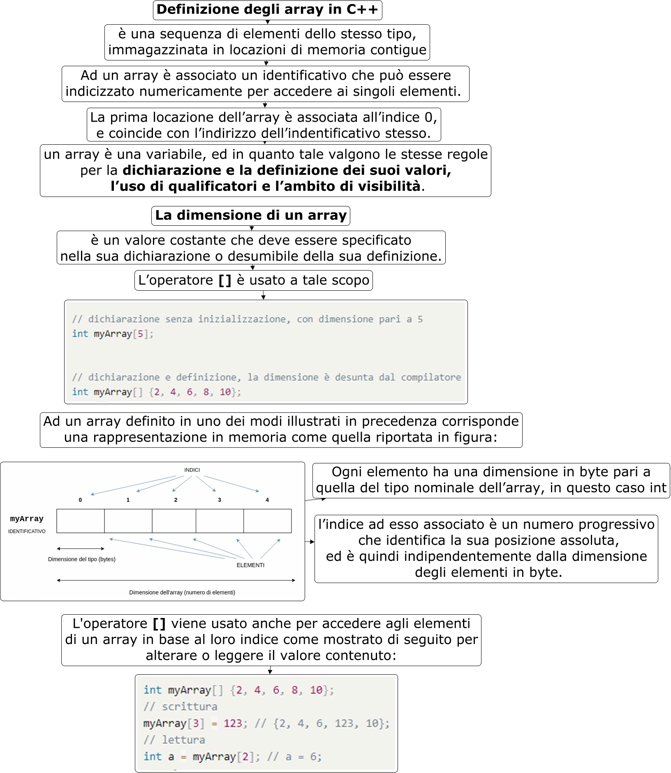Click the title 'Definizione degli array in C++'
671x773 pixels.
coord(267,10)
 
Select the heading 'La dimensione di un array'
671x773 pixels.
coord(251,215)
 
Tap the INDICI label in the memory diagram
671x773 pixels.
coord(192,470)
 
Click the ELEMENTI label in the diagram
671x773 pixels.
coord(250,565)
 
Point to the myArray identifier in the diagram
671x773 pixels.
coord(27,519)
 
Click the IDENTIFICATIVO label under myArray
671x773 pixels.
coord(27,531)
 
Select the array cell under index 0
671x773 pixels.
coord(81,521)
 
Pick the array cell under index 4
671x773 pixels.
coord(268,521)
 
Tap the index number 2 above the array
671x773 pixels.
coord(176,500)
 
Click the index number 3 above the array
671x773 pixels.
coord(220,500)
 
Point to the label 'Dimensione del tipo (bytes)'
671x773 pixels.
coord(82,559)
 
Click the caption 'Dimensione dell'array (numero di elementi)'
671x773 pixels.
coord(182,592)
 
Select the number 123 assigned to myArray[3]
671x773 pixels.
coord(233,723)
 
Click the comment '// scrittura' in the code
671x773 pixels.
coord(180,707)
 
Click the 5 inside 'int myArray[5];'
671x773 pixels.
coord(140,334)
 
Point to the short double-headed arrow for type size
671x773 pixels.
coord(81,549)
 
